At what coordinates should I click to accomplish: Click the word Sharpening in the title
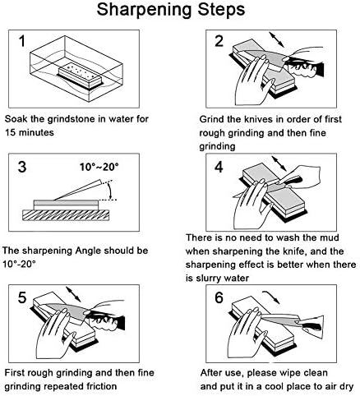click(x=144, y=11)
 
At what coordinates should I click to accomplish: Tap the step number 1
click(x=22, y=41)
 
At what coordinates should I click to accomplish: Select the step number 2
click(x=219, y=41)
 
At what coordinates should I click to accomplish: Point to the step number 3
click(x=22, y=167)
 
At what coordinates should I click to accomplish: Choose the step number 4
click(x=219, y=167)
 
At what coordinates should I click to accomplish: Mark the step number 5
click(x=22, y=297)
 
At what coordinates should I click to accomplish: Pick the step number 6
click(x=219, y=297)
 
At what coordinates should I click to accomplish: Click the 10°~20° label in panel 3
click(x=99, y=167)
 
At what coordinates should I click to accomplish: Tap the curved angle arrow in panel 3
click(x=110, y=191)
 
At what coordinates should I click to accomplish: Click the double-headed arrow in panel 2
click(x=277, y=39)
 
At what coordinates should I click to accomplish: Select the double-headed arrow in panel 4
click(x=279, y=163)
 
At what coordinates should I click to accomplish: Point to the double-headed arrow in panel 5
click(x=73, y=294)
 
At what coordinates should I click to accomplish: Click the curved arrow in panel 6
click(x=271, y=297)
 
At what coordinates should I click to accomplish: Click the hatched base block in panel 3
click(x=66, y=215)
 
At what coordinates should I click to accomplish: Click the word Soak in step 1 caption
click(x=16, y=119)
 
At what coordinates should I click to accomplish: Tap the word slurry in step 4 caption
click(x=210, y=279)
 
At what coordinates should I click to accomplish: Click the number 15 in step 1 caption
click(x=10, y=132)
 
